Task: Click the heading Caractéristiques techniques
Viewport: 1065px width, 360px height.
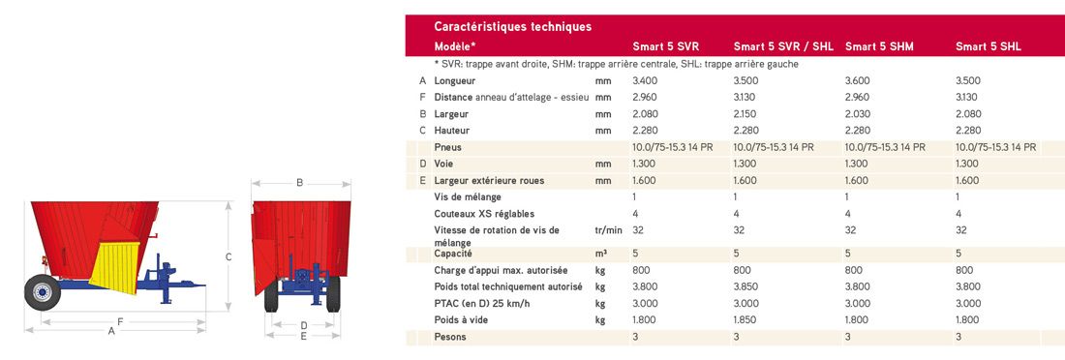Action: [x=512, y=26]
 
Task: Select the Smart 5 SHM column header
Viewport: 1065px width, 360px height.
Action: [x=879, y=46]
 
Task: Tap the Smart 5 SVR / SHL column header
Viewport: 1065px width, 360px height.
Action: [x=783, y=46]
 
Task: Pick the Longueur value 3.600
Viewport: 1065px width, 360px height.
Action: [x=858, y=81]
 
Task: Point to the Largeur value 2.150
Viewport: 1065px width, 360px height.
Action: [x=746, y=114]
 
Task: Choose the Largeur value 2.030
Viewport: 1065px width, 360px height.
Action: [x=858, y=114]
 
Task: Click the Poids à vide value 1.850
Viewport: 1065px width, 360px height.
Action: [x=746, y=320]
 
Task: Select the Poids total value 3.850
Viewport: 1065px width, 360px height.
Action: [x=746, y=287]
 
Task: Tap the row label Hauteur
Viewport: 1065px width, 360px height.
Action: [x=452, y=131]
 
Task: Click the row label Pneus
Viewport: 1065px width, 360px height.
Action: [x=448, y=147]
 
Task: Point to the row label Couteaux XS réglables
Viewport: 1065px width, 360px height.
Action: [x=484, y=214]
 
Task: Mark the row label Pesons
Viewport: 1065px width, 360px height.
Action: [x=450, y=337]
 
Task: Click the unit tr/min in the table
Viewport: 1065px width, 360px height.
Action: [x=607, y=230]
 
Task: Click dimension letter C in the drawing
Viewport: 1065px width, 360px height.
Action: [x=228, y=256]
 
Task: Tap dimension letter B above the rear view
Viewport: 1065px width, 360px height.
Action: [x=300, y=182]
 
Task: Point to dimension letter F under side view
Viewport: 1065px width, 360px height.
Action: [x=118, y=320]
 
